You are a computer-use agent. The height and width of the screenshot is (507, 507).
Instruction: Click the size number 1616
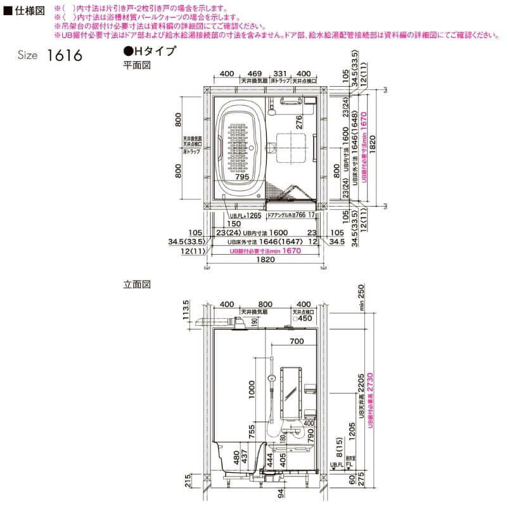coord(65,56)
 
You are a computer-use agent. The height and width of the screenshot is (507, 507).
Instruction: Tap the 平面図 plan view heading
coord(136,65)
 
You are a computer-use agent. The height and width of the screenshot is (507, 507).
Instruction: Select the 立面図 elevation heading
coord(136,285)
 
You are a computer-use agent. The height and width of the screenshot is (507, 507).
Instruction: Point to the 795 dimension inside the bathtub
coord(242,178)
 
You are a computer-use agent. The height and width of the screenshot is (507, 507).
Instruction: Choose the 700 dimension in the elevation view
coord(295,342)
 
